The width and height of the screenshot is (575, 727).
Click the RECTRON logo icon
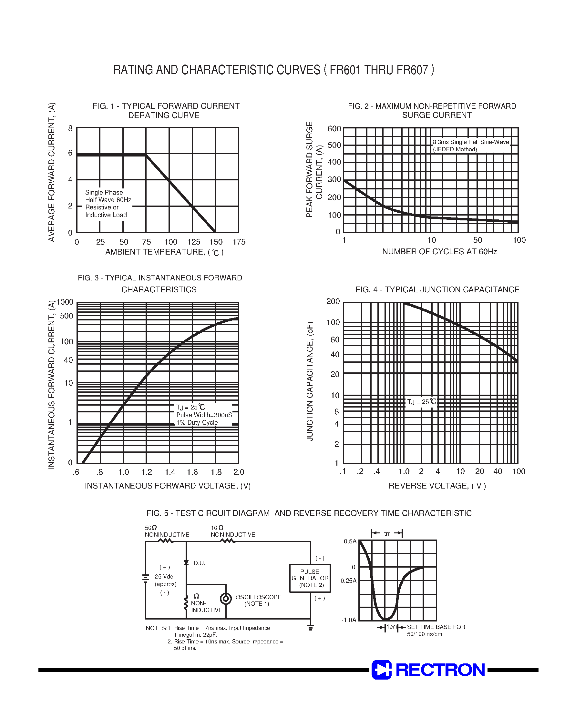pos(381,670)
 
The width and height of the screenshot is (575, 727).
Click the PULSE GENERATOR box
pos(310,578)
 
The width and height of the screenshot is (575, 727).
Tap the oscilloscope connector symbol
pos(226,599)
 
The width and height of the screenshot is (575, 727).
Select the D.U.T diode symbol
pos(186,563)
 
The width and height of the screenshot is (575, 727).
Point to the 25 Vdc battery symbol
pos(145,578)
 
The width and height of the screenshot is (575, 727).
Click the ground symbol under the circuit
pos(310,627)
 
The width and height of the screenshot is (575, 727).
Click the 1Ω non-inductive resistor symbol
pos(186,603)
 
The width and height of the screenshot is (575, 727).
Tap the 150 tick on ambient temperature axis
pos(216,242)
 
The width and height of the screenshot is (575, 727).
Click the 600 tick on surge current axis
pos(334,129)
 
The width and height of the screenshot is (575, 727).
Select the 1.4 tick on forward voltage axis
pos(170,472)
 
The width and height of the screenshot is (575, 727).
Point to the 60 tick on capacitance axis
pos(335,340)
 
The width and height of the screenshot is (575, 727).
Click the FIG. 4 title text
pos(437,290)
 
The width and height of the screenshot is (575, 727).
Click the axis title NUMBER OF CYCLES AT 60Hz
pos(439,252)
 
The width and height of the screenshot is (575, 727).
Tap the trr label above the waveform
pos(387,534)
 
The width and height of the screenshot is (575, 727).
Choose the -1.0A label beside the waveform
pos(349,620)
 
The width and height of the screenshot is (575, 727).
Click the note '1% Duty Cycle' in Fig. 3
pos(197,422)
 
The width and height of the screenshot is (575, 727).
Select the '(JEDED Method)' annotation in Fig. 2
pos(455,149)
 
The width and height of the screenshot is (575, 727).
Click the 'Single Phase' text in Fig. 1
pos(104,192)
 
